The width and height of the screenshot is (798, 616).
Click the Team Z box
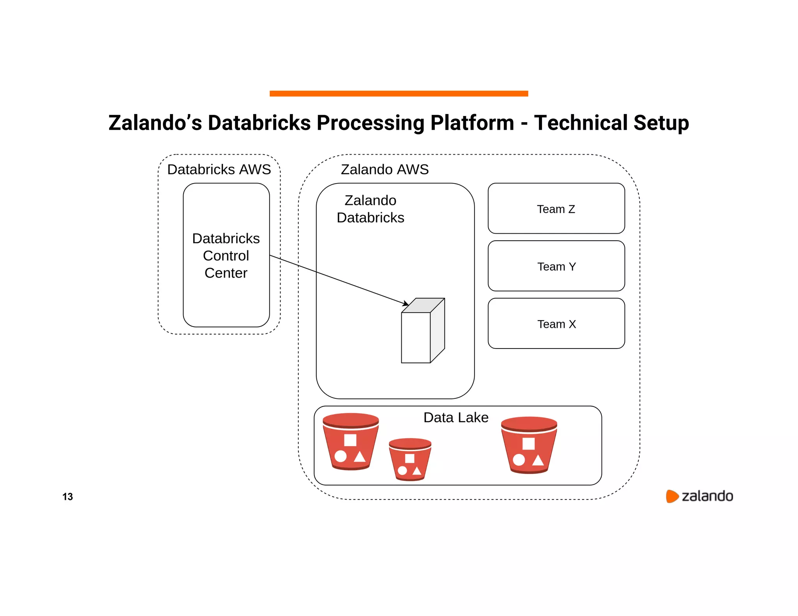[x=556, y=209]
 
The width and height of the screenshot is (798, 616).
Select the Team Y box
[x=556, y=266]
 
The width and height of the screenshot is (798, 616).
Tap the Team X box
[x=556, y=324]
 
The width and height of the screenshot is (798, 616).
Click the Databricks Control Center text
[x=226, y=255]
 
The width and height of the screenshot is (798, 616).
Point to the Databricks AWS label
[x=219, y=169]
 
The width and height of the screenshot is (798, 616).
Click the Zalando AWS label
[x=385, y=169]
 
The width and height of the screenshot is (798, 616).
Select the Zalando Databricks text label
[x=370, y=209]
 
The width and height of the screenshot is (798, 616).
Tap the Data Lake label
[x=455, y=417]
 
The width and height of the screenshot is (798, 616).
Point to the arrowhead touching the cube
[x=406, y=303]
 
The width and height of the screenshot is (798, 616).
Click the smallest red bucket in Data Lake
[x=410, y=459]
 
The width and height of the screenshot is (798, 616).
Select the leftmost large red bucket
[x=350, y=442]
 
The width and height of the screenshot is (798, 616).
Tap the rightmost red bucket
[x=529, y=445]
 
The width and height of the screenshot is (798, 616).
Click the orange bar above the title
[x=399, y=93]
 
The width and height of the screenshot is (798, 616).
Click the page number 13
[x=67, y=496]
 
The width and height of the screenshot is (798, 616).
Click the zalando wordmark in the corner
[x=707, y=496]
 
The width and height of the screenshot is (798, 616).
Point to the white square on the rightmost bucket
[x=528, y=444]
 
